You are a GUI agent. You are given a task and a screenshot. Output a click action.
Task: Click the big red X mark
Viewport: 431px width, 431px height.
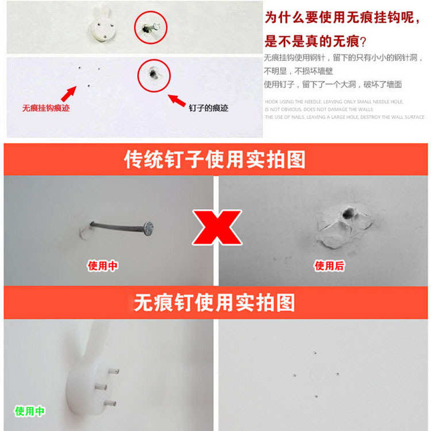point(217,226)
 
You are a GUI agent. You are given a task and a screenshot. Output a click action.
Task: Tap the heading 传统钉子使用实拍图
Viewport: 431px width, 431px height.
point(215,160)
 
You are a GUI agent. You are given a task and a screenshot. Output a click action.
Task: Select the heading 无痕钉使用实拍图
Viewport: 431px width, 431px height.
point(215,302)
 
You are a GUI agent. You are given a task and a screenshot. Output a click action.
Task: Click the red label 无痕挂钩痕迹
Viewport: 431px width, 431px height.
point(46,107)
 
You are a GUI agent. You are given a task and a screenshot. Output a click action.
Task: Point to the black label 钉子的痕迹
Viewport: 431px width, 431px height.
point(208,107)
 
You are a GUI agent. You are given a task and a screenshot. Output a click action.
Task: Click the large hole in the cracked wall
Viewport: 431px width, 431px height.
point(348,214)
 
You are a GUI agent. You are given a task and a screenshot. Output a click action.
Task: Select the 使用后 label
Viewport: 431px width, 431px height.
point(329,266)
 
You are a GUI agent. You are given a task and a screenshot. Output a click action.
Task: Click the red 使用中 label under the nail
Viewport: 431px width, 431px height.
point(103,266)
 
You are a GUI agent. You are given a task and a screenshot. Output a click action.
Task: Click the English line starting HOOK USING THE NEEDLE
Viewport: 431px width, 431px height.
point(334,102)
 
